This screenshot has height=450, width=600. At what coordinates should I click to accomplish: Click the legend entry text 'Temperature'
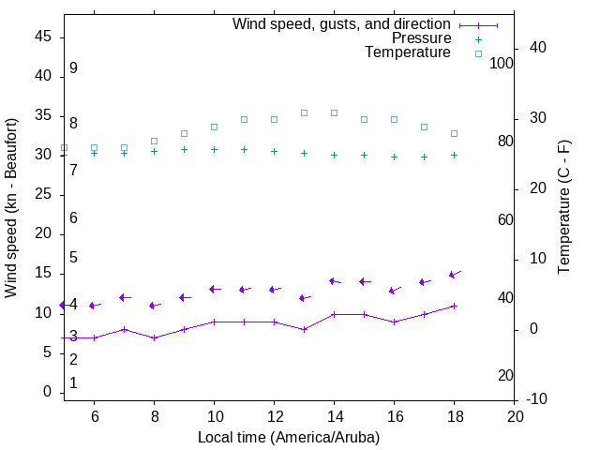point(408,52)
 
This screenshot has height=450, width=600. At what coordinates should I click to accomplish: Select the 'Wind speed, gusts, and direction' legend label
point(342,24)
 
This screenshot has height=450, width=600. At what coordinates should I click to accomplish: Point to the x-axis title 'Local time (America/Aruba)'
point(289,437)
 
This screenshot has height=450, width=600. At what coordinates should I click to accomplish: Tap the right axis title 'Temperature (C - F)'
point(563,208)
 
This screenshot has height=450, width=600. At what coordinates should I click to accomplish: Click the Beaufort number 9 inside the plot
point(73,68)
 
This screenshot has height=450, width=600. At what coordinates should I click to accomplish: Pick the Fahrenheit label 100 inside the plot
point(502,63)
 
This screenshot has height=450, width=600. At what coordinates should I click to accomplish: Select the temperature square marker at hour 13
point(304,112)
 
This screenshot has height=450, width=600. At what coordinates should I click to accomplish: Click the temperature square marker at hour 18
point(454,133)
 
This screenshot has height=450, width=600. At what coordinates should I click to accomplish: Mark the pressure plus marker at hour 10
point(214,149)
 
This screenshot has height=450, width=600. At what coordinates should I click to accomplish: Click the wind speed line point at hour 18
point(454,306)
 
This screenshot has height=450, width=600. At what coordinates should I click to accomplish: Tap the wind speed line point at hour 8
point(154,337)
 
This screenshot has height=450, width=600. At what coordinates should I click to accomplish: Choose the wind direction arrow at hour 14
point(334,281)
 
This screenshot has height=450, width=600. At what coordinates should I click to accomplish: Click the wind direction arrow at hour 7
point(124,297)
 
